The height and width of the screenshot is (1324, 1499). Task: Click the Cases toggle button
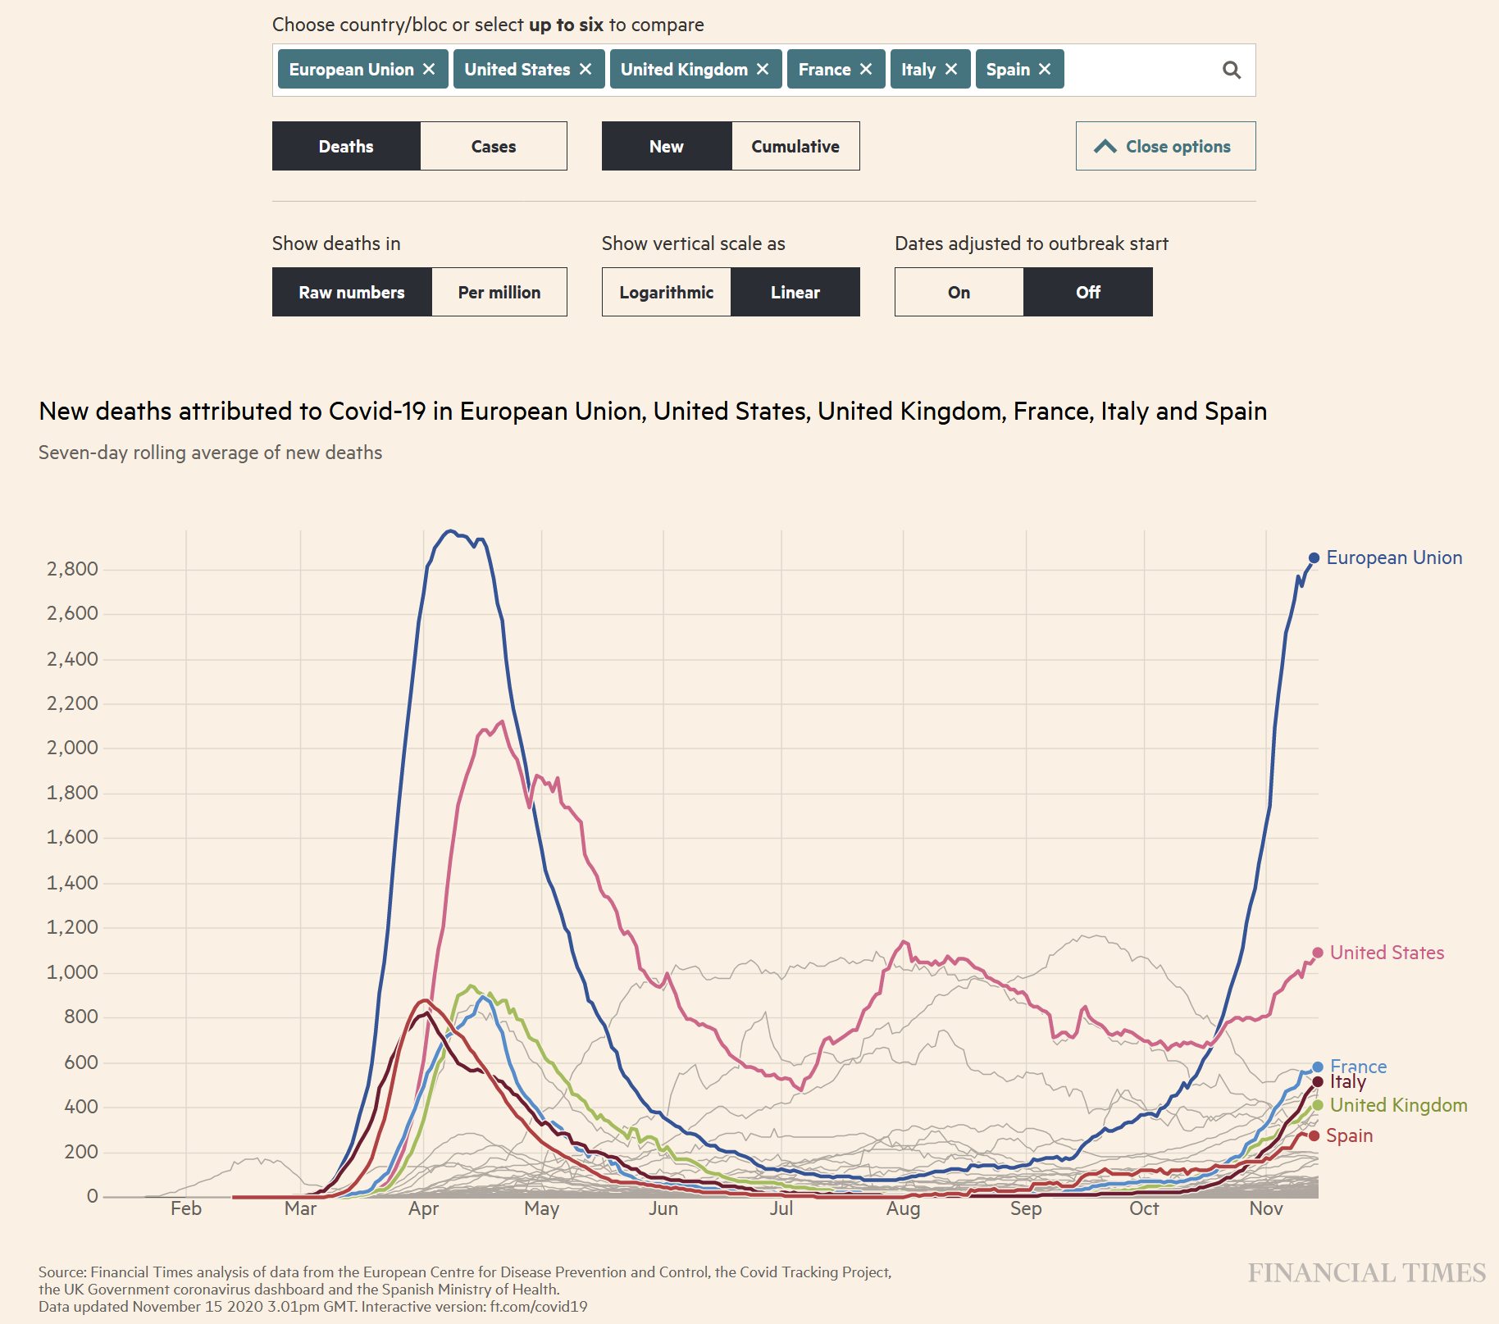click(493, 146)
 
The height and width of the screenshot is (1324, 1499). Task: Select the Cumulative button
click(795, 146)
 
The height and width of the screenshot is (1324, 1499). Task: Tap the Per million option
click(499, 292)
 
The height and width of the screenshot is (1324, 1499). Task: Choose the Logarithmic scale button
click(666, 292)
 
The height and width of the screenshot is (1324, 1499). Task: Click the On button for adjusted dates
click(958, 292)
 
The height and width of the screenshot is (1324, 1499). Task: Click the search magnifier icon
click(1231, 70)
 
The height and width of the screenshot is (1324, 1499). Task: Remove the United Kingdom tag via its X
click(763, 69)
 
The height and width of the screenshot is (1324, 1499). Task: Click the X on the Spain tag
click(1045, 69)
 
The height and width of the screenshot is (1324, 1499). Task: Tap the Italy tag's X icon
click(951, 69)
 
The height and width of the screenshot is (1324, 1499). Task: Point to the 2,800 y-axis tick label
click(72, 569)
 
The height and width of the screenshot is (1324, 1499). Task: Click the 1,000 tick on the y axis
click(72, 972)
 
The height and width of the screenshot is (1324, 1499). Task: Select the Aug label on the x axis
click(903, 1208)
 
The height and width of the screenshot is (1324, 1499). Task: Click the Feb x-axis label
click(186, 1208)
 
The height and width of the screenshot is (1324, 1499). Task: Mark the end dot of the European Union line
click(1314, 557)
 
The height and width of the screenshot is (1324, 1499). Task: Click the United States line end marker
click(1318, 953)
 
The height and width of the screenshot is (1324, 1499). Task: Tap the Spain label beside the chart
click(1349, 1135)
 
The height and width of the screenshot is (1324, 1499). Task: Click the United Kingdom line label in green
click(1398, 1105)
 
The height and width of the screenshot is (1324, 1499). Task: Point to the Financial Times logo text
click(1366, 1272)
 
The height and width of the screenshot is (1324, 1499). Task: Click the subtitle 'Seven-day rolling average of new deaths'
click(210, 453)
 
